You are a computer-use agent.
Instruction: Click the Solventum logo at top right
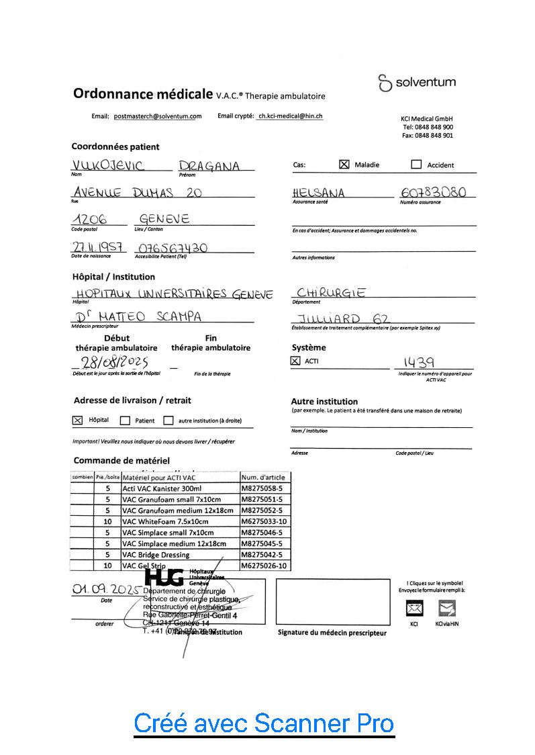coord(417,83)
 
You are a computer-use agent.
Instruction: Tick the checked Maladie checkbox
coord(344,164)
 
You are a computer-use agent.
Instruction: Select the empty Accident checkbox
coord(416,165)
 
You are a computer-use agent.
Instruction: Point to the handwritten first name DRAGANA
coord(209,167)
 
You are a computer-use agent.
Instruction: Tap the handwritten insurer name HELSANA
coord(319,193)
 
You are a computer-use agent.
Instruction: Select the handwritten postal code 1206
coord(89,220)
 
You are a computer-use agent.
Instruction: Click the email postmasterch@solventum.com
coord(158,116)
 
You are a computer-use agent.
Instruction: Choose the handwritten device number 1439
coord(418,363)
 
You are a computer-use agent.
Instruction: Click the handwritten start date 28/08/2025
coord(113,362)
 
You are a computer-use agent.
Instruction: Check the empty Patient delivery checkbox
coord(124,421)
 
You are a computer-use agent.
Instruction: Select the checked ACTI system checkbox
coord(295,361)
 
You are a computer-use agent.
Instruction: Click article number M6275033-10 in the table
coord(264,521)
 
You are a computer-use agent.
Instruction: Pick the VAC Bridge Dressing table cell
coord(156,555)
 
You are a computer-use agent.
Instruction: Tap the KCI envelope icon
coord(415,609)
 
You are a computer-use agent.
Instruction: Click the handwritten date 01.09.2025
coord(106,589)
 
